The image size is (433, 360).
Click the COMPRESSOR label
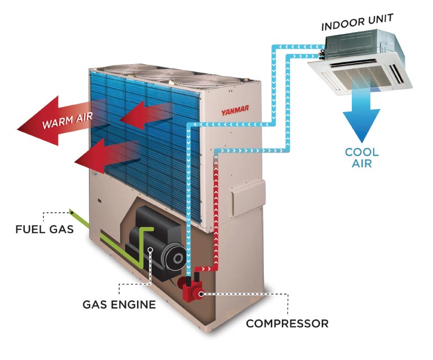click(286, 323)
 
